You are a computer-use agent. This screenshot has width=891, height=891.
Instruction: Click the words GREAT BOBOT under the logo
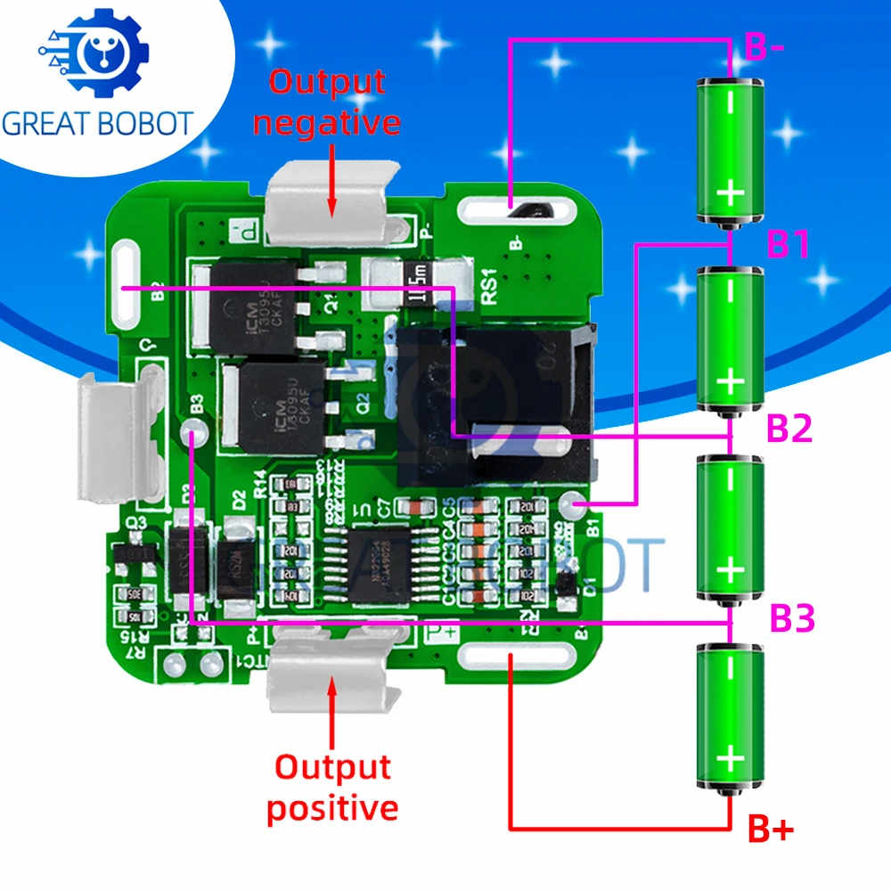point(97,123)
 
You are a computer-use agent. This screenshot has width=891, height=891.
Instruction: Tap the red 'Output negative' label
point(327,102)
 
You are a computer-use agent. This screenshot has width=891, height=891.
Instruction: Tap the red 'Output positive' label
point(331,788)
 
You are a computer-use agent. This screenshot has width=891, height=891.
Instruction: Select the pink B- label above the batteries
point(764,47)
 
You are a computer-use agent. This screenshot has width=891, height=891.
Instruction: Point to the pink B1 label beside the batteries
point(789,243)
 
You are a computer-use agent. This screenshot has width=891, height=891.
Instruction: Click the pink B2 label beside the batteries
point(789,429)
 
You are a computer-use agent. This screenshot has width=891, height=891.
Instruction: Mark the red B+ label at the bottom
point(769,830)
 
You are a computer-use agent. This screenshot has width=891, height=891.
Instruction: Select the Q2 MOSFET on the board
point(281,406)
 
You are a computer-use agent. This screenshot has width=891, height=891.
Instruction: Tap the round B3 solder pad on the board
point(190,435)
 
